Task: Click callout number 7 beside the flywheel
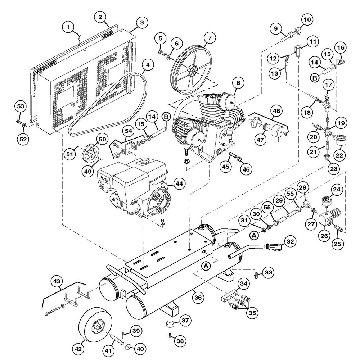click(x=210, y=37)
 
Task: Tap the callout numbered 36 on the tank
click(x=198, y=297)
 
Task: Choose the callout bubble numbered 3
click(x=141, y=22)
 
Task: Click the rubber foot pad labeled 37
click(x=170, y=323)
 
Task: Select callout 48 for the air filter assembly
click(x=276, y=111)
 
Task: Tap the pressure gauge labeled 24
click(x=327, y=201)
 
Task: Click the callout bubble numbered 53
click(x=21, y=106)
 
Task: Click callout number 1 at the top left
click(x=68, y=27)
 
